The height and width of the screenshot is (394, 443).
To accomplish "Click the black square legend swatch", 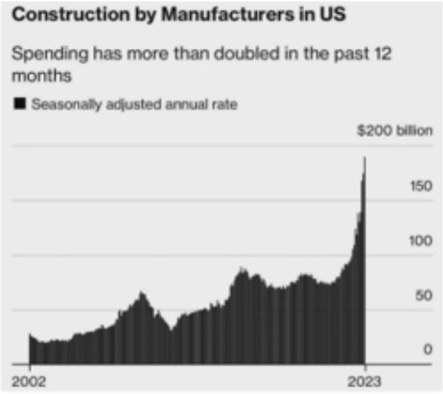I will click(x=19, y=104).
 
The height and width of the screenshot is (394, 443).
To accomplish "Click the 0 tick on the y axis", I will click(x=427, y=350).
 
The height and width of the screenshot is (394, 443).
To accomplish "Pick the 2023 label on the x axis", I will click(x=364, y=380).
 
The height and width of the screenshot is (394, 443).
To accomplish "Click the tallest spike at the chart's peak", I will click(x=365, y=163).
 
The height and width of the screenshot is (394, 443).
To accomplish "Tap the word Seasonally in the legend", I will click(x=64, y=104).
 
